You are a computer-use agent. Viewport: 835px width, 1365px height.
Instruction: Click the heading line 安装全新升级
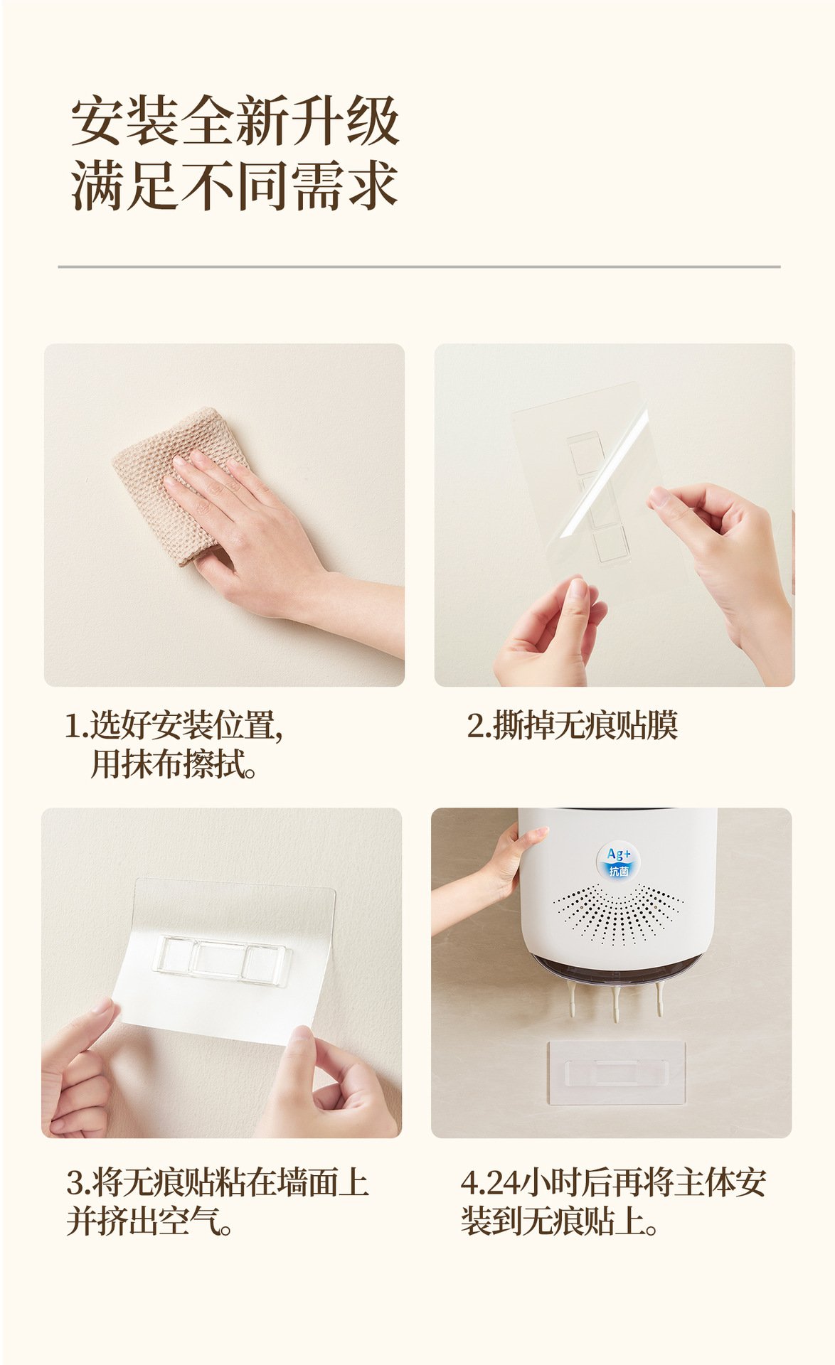click(235, 121)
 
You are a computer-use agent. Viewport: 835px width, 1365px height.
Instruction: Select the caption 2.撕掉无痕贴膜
click(572, 725)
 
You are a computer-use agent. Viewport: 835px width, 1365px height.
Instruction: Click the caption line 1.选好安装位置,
click(174, 725)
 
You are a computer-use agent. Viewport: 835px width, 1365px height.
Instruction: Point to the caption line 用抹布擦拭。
click(174, 765)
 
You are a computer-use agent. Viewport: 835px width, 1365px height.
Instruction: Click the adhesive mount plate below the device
click(616, 1073)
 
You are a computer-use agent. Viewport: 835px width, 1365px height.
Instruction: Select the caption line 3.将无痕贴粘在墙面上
click(218, 1182)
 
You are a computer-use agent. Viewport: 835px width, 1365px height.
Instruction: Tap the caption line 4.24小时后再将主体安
click(613, 1182)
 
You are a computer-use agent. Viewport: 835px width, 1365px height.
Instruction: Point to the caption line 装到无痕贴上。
click(559, 1221)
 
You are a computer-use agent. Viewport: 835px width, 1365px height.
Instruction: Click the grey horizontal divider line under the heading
click(419, 267)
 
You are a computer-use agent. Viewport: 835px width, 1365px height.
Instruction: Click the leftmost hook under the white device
click(573, 999)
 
